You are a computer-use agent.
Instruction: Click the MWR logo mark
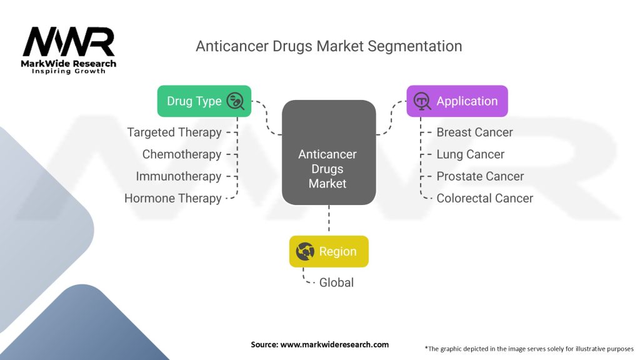(x=69, y=42)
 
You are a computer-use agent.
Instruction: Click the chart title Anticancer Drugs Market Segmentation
(x=329, y=46)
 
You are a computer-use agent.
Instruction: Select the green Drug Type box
(x=204, y=101)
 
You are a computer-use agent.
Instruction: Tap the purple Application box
(x=457, y=101)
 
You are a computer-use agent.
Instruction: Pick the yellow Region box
(x=329, y=251)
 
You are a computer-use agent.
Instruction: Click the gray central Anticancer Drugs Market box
(x=329, y=152)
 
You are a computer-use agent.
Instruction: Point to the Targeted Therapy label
(x=174, y=132)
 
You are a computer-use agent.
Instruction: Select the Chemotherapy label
(x=182, y=155)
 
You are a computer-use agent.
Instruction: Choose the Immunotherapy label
(x=179, y=177)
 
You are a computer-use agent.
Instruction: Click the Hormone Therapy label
(x=173, y=199)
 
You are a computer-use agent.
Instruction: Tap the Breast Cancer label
(x=475, y=132)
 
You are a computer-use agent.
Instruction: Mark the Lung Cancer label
(x=470, y=155)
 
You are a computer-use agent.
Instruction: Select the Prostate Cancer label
(x=480, y=176)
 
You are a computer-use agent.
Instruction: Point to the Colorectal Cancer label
(x=485, y=198)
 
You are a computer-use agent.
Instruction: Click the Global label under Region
(x=336, y=282)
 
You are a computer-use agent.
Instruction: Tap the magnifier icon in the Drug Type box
(x=236, y=101)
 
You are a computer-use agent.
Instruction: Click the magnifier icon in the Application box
(x=422, y=101)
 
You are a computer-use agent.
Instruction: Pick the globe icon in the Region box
(x=305, y=251)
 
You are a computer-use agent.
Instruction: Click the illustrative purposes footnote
(x=529, y=349)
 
